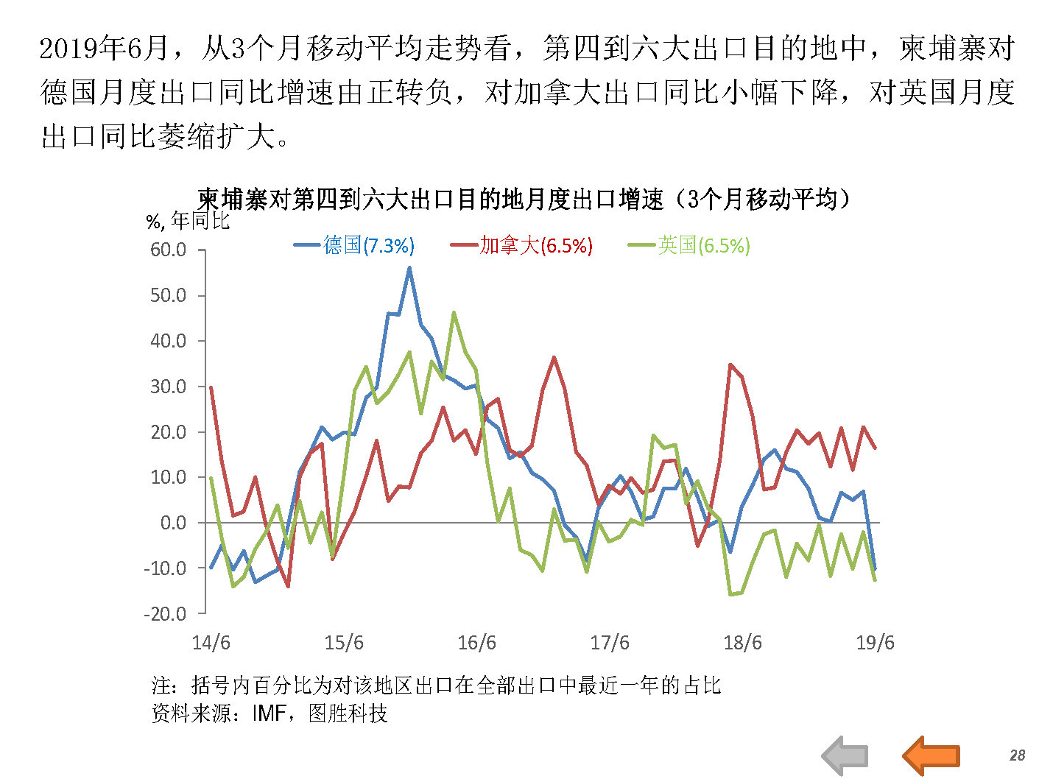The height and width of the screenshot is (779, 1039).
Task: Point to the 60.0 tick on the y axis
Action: [168, 250]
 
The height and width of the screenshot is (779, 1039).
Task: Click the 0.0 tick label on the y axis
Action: [173, 523]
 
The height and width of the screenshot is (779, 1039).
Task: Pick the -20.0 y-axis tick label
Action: [165, 613]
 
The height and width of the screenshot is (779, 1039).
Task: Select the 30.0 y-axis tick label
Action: [168, 387]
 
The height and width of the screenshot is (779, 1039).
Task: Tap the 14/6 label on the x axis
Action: [211, 643]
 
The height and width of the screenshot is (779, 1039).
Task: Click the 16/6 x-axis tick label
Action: [476, 643]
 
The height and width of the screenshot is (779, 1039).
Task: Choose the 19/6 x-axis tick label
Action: [875, 643]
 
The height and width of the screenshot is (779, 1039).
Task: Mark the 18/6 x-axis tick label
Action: [742, 643]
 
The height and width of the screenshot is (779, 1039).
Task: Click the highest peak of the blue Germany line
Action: [409, 268]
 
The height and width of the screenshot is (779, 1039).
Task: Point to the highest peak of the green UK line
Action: [454, 312]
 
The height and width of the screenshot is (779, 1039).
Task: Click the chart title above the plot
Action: [524, 199]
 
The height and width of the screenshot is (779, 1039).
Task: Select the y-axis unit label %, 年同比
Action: [188, 221]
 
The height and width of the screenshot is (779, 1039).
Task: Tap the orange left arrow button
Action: [931, 755]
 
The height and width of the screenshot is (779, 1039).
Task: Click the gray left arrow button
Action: [845, 755]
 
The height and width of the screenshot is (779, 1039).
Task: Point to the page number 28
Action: [1017, 755]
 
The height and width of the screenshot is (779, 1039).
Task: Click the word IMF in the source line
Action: [268, 713]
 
